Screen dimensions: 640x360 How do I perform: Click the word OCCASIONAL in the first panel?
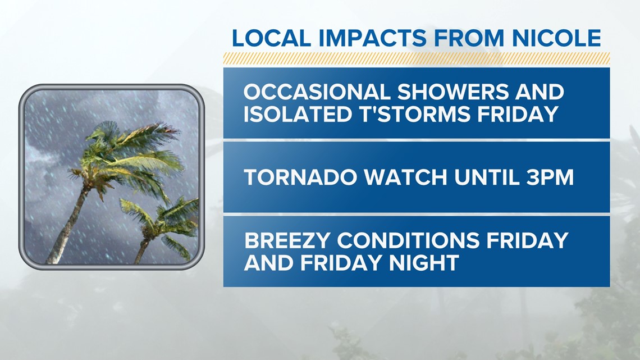click(x=316, y=92)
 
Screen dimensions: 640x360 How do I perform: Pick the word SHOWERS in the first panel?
click(x=453, y=92)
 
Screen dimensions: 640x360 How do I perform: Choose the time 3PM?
click(x=552, y=177)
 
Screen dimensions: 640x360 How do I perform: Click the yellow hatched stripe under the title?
click(x=417, y=58)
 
